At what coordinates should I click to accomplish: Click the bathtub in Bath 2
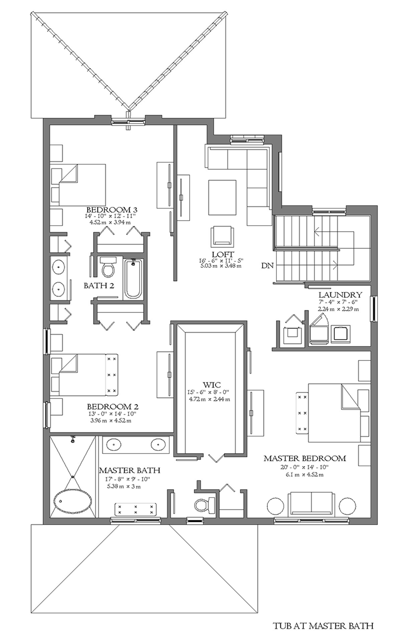133,279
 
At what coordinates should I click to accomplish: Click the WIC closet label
212,385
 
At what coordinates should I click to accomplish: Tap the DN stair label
267,266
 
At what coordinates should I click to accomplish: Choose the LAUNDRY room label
340,295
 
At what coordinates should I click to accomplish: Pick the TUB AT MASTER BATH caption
323,624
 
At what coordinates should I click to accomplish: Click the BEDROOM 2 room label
113,407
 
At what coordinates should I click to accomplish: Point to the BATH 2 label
99,286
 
